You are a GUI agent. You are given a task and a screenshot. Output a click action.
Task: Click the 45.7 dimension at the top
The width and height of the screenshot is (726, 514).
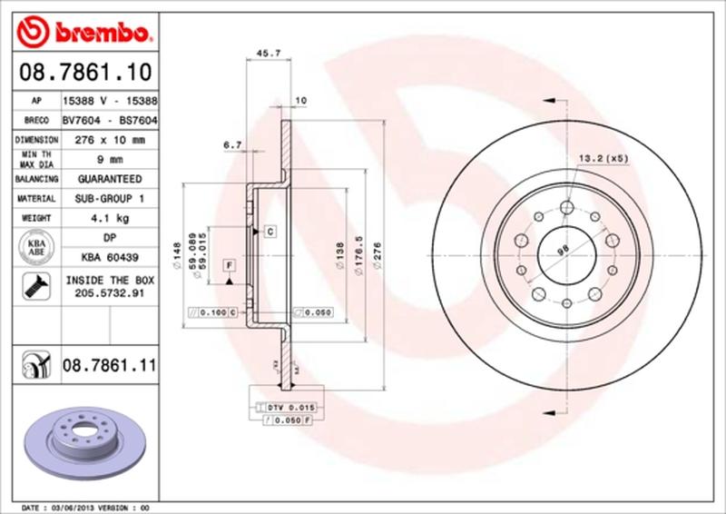[x=268, y=54]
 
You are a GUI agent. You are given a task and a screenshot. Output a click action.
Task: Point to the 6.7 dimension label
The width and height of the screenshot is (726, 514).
[x=231, y=143]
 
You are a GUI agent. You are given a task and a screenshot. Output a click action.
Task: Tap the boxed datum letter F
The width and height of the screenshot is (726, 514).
[x=229, y=264]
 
